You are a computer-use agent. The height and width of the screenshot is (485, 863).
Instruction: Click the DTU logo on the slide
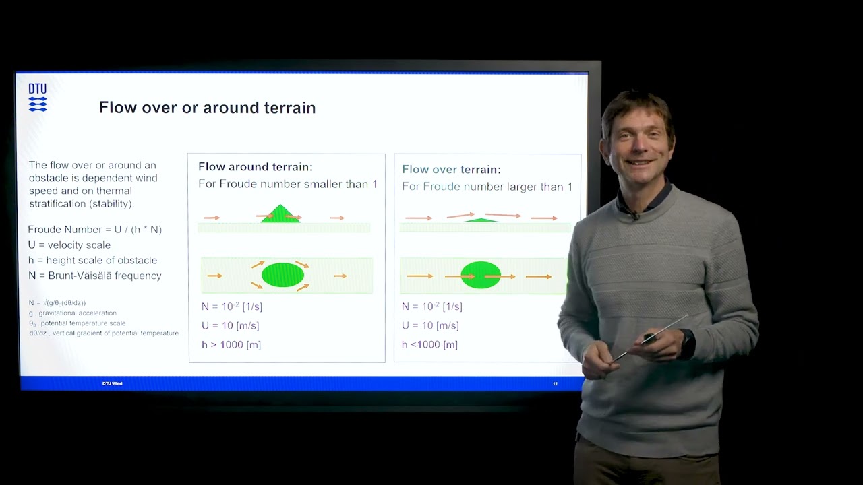(38, 97)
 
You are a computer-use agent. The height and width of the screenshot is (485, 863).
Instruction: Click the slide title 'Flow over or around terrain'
(207, 108)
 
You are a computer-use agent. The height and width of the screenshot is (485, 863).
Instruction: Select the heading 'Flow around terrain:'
(255, 167)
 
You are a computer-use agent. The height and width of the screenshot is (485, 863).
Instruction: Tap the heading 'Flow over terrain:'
(451, 170)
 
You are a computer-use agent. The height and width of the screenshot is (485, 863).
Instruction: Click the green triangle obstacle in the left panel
(280, 215)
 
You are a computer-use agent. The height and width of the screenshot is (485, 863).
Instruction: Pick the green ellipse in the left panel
(282, 275)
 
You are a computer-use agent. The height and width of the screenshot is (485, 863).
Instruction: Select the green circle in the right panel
(481, 276)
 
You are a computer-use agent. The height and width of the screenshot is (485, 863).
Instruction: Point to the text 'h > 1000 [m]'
(231, 345)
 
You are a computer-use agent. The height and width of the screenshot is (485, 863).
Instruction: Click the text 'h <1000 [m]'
(429, 345)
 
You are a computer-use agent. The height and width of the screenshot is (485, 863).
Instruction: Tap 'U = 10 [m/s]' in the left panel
(230, 326)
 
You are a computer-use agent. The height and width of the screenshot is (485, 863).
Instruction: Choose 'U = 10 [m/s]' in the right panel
(430, 326)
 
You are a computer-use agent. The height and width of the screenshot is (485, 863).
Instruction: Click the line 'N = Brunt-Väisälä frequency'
(94, 276)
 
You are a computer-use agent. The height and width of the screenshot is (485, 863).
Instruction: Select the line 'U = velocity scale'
(69, 245)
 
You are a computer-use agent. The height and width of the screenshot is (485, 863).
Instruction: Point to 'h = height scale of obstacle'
(92, 261)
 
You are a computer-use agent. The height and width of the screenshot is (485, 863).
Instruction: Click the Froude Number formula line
(94, 230)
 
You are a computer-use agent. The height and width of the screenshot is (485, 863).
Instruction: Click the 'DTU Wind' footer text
(112, 384)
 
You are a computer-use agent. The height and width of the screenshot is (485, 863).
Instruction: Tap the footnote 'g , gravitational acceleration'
(73, 313)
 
